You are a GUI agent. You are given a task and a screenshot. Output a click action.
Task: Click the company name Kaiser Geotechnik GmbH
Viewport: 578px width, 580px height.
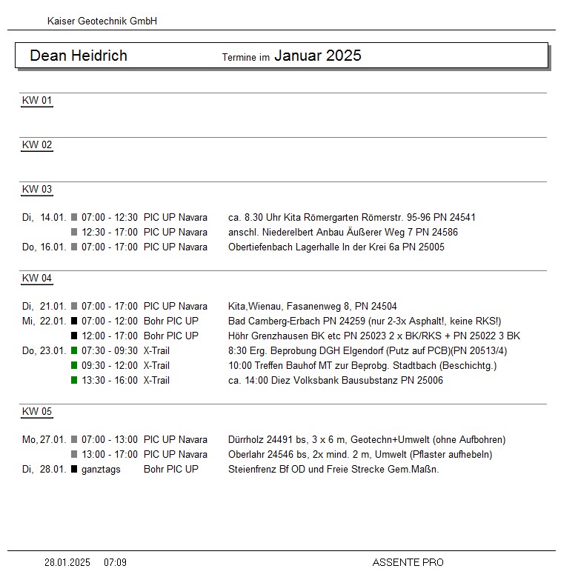point(102,21)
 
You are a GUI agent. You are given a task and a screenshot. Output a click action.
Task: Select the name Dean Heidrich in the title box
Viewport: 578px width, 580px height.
point(79,56)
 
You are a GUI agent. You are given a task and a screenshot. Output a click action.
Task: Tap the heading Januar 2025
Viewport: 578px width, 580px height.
point(318,56)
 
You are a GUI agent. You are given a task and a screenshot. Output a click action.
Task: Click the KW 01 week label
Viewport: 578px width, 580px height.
point(37,101)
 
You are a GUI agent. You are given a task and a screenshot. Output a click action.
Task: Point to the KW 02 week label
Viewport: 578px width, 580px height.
point(37,145)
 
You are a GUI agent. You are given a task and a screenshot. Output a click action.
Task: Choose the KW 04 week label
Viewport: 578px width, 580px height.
point(37,279)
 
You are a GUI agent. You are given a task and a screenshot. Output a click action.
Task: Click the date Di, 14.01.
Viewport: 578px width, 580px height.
point(44,218)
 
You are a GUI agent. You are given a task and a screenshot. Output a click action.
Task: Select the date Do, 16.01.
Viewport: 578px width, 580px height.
point(44,247)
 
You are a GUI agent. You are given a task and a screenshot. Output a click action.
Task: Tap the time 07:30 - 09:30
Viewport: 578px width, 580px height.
point(110,351)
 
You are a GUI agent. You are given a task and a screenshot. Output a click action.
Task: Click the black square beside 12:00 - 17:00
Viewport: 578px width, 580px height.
point(74,336)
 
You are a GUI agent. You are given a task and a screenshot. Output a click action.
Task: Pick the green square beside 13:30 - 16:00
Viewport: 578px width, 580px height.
point(74,381)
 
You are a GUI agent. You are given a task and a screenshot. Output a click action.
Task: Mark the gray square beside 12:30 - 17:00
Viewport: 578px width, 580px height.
point(74,233)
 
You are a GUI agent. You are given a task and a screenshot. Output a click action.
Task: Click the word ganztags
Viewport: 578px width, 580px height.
point(101,470)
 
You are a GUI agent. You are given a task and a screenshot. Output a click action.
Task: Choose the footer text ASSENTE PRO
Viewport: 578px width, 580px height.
point(408,563)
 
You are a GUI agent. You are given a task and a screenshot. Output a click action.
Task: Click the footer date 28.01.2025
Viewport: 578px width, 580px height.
point(67,563)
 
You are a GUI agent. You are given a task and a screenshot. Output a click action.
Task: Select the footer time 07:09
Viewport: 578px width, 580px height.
point(115,563)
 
